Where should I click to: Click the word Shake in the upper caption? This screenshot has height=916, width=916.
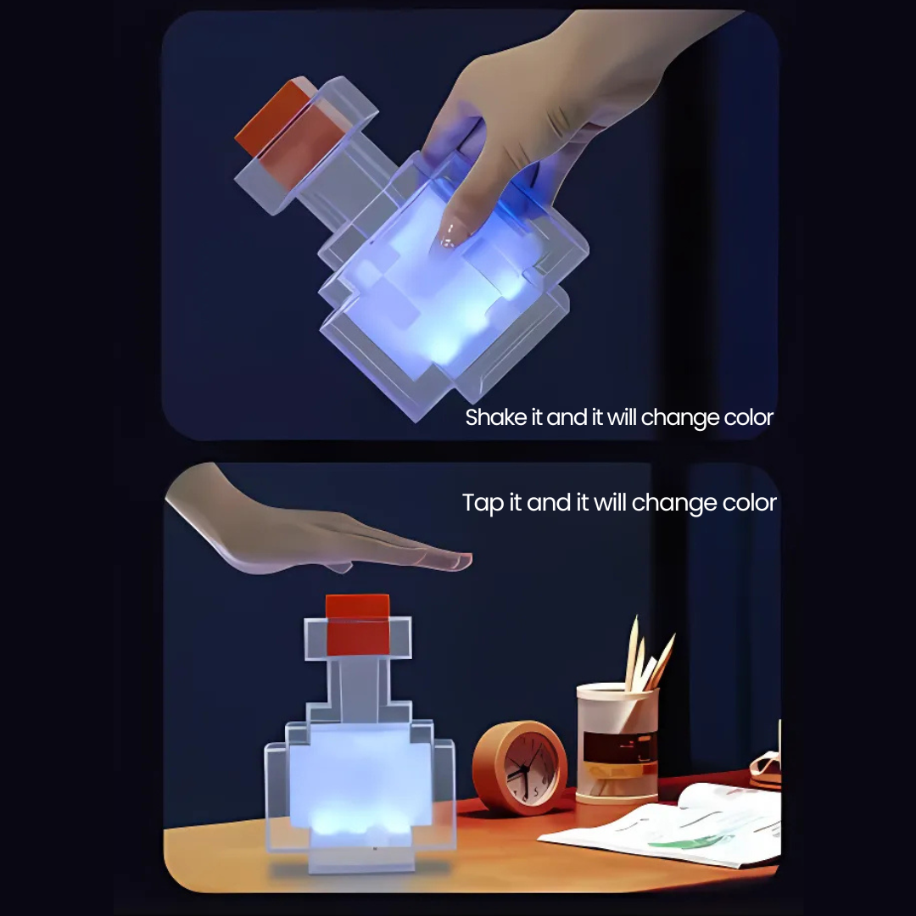coord(490,417)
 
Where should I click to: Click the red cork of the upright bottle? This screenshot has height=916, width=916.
coord(358,623)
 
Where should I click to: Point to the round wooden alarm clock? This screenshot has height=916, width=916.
coord(520,767)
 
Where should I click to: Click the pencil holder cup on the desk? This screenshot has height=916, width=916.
coord(617,742)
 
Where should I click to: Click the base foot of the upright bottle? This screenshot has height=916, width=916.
coord(360,858)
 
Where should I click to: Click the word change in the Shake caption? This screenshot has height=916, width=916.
coord(675,417)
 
